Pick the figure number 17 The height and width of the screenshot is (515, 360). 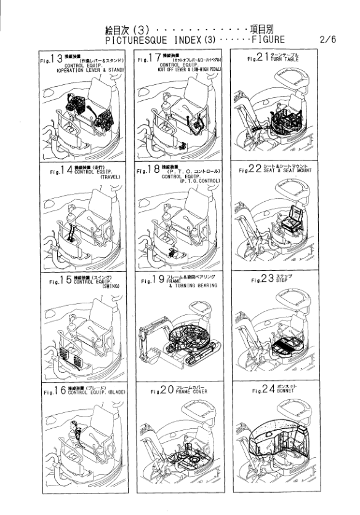point(158,60)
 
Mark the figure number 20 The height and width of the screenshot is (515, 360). point(167,390)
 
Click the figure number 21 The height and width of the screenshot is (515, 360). point(263,60)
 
